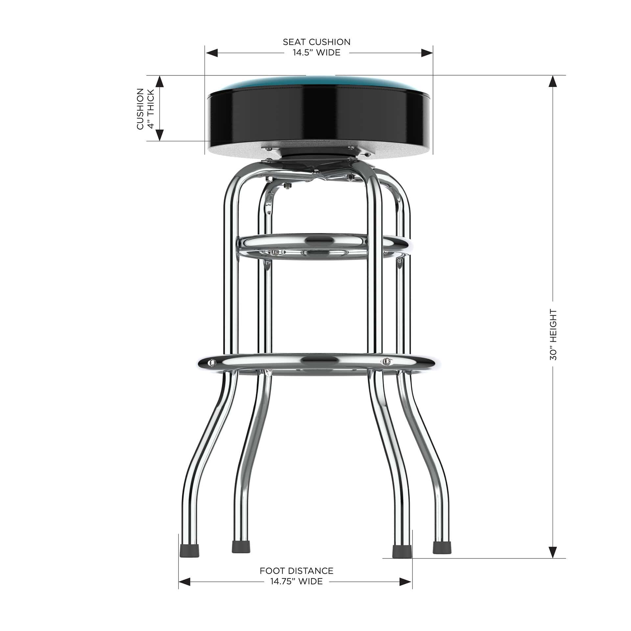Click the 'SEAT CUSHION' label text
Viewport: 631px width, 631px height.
click(316, 42)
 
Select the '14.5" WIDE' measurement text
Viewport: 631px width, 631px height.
click(316, 53)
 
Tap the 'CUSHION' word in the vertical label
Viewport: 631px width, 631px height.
click(140, 108)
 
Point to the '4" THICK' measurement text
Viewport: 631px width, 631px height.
click(151, 108)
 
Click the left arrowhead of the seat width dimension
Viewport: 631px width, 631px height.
click(212, 53)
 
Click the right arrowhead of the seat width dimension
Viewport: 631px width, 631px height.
click(427, 53)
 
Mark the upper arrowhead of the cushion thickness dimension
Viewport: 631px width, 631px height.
click(159, 82)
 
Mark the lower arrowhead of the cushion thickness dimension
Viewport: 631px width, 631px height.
click(159, 135)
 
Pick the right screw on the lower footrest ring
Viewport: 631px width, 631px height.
click(387, 361)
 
